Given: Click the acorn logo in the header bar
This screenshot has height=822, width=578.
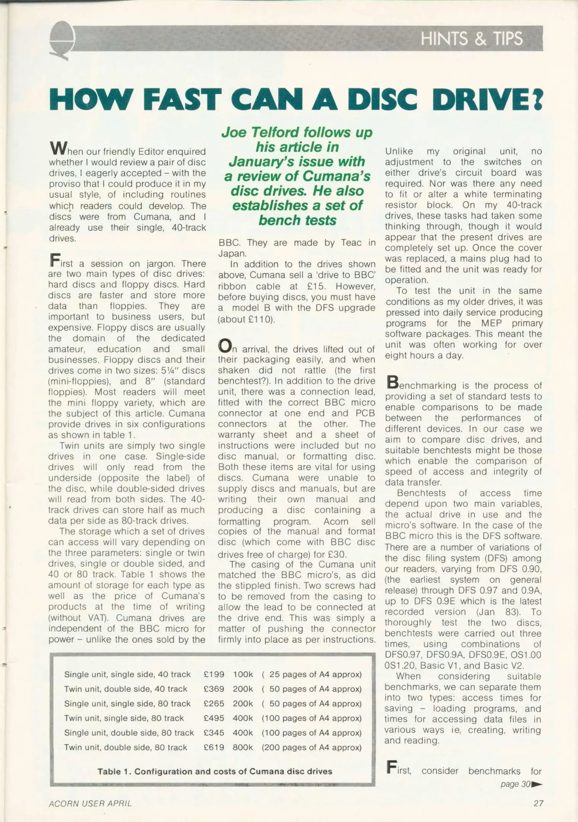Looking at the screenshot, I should (x=62, y=40).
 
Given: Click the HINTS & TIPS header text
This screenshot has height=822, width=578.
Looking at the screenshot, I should (x=472, y=39).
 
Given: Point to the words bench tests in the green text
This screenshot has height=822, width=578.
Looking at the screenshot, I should (x=297, y=220).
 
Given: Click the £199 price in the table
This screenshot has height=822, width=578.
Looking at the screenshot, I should (x=214, y=674).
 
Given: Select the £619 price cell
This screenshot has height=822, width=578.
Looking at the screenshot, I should (x=214, y=747).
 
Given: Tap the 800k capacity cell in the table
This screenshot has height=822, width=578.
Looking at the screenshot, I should (x=243, y=747).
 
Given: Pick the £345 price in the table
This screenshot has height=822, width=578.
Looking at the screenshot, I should (x=214, y=733).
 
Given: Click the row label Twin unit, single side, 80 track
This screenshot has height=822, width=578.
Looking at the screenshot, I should (x=124, y=718).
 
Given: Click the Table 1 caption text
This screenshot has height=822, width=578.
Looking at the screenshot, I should (x=215, y=771).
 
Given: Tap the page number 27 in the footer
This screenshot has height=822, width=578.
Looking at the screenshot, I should (x=538, y=803).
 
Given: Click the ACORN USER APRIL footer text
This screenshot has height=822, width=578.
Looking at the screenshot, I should (x=90, y=803).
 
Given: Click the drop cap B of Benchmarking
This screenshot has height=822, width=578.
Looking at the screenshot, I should (x=392, y=382).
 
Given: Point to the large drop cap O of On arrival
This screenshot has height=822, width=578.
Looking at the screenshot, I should (x=225, y=346).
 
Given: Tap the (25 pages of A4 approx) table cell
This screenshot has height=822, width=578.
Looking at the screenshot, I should (x=311, y=674).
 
